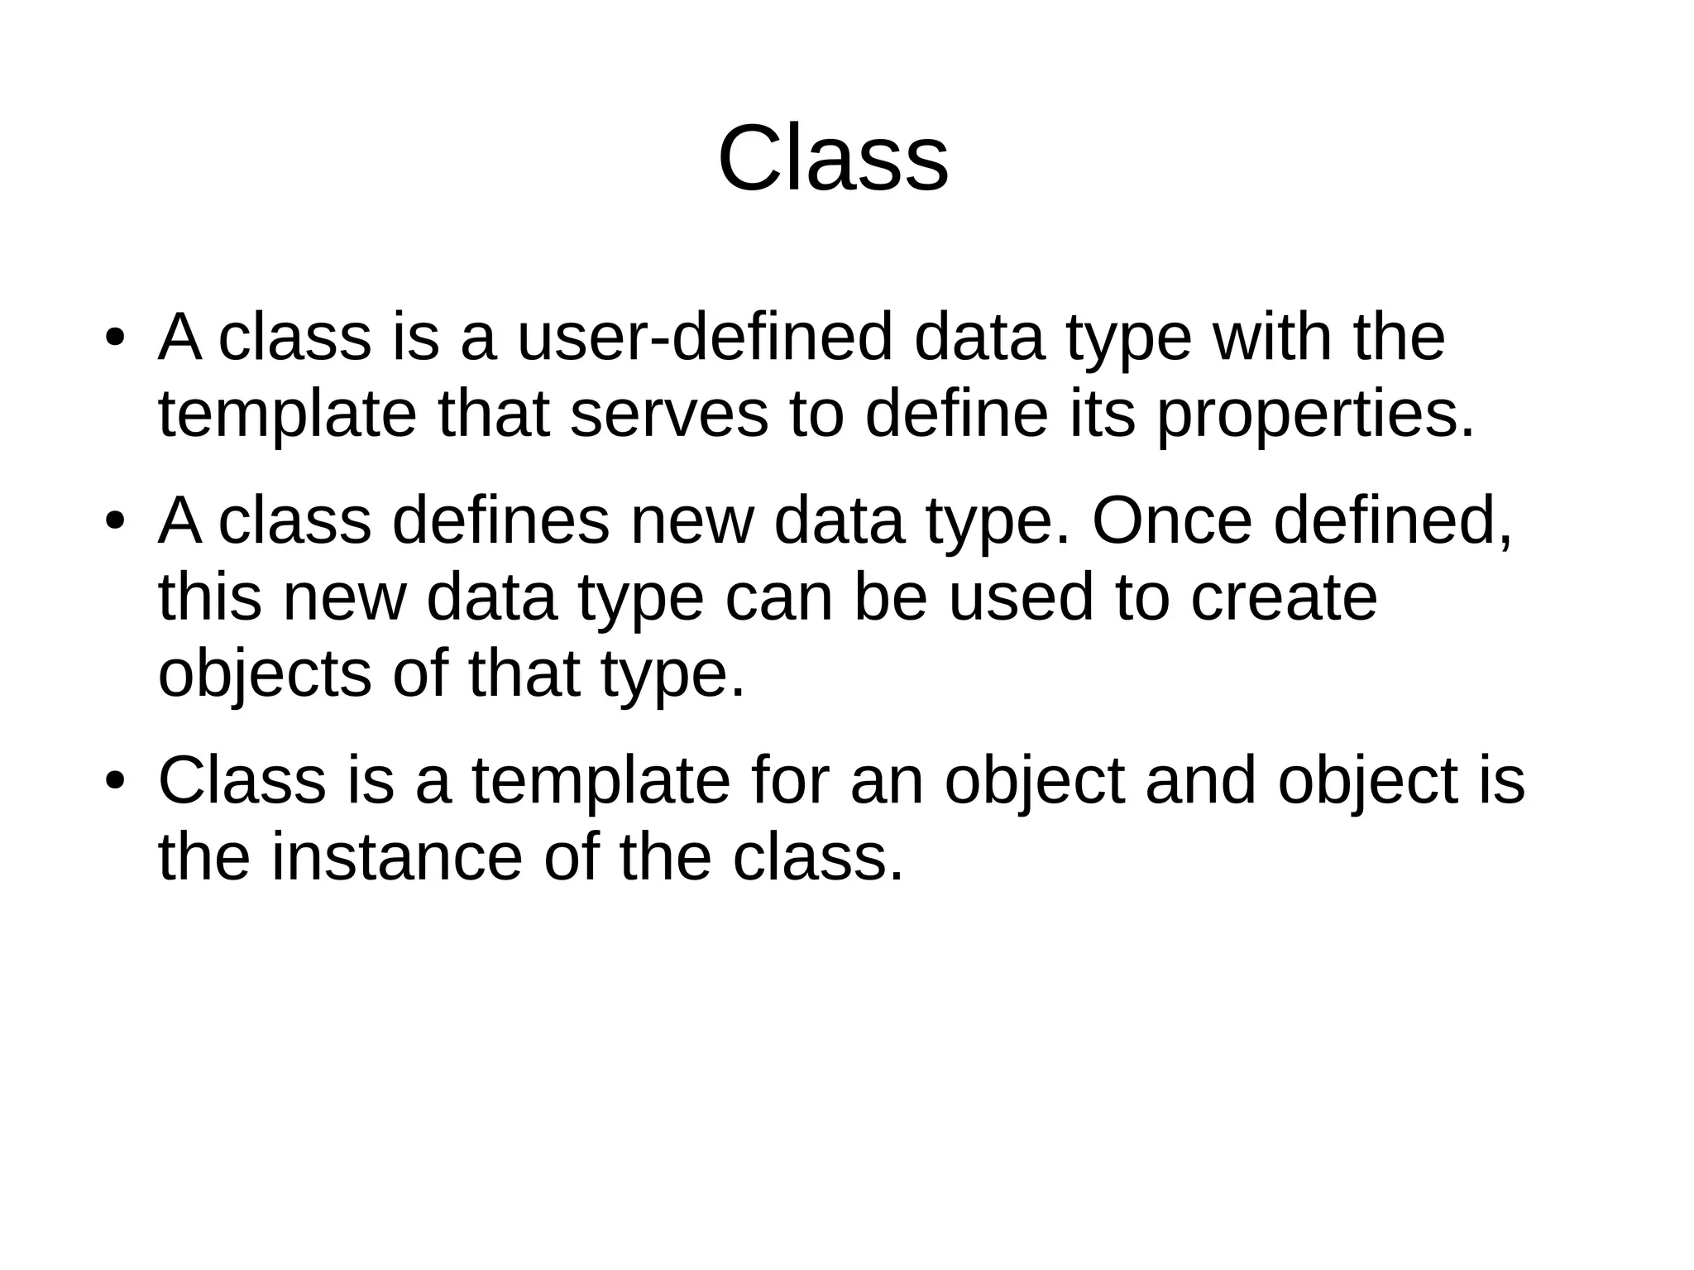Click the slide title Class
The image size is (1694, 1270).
pyautogui.click(x=833, y=159)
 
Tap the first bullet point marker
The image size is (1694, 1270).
pyautogui.click(x=114, y=339)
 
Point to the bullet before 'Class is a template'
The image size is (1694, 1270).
pyautogui.click(x=114, y=782)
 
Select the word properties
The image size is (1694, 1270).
pyautogui.click(x=1315, y=416)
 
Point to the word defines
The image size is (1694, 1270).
pyautogui.click(x=500, y=521)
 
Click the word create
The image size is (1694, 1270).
pyautogui.click(x=1284, y=598)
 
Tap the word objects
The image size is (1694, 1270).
pyautogui.click(x=265, y=675)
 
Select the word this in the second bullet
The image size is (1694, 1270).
pyautogui.click(x=210, y=597)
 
